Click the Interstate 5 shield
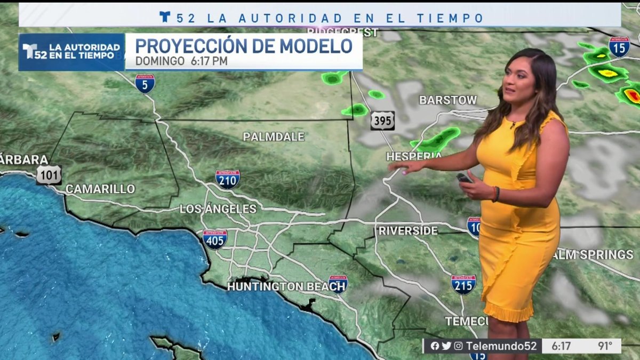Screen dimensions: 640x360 (x=145, y=84)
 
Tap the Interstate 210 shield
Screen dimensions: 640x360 (x=228, y=179)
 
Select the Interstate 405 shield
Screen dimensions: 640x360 (x=214, y=239)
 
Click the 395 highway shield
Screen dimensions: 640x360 (x=383, y=121)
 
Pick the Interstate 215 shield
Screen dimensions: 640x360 (x=463, y=285)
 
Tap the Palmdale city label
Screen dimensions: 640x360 (x=274, y=137)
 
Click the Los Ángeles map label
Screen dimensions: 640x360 (x=218, y=209)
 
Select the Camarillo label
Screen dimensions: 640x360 (x=100, y=189)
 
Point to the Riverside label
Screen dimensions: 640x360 (x=408, y=231)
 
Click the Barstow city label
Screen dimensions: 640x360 (x=448, y=100)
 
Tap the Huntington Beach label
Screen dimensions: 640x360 (x=278, y=287)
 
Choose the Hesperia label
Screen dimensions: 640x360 (x=413, y=156)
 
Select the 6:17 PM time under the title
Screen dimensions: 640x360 (x=209, y=61)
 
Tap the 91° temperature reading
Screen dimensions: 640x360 (x=605, y=346)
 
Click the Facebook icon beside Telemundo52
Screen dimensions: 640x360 (x=435, y=346)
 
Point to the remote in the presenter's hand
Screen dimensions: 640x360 (x=463, y=178)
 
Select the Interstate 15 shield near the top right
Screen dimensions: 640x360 (x=619, y=47)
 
